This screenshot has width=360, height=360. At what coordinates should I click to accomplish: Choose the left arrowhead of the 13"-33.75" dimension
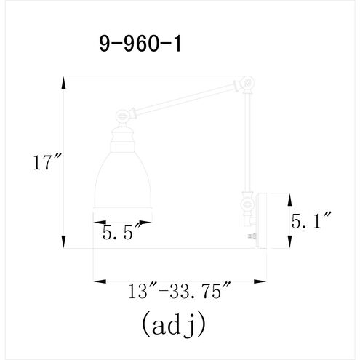pyautogui.click(x=97, y=280)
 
